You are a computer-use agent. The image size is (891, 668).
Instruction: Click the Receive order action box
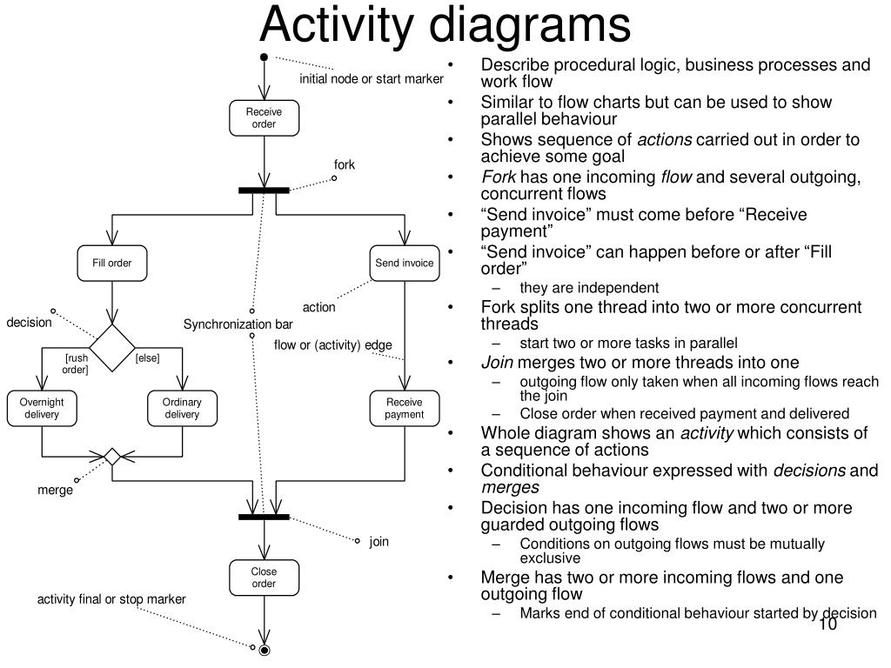click(265, 118)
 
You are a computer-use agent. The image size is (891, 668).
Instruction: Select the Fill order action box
click(112, 263)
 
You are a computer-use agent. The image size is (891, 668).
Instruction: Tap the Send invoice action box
click(405, 263)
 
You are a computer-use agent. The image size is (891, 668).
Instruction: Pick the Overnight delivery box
click(42, 408)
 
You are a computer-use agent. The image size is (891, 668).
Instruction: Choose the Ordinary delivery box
click(183, 408)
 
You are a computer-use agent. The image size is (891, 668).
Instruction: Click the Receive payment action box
click(405, 408)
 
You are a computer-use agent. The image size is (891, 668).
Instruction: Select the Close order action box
click(265, 578)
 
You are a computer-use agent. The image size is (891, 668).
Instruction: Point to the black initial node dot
click(264, 57)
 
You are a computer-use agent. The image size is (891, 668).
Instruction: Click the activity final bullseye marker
click(265, 650)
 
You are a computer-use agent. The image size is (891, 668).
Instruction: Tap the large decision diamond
click(112, 348)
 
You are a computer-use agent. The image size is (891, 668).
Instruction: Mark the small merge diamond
click(112, 456)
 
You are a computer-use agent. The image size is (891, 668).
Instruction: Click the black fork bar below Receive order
click(265, 190)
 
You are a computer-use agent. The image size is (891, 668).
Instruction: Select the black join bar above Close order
click(265, 517)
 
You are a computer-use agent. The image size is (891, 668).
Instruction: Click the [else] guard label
click(147, 357)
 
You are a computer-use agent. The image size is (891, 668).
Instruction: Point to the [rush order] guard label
click(76, 364)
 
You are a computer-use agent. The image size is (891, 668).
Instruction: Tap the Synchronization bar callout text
click(238, 324)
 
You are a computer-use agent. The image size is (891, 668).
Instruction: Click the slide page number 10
click(828, 625)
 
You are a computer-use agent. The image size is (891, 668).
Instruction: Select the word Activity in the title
click(337, 24)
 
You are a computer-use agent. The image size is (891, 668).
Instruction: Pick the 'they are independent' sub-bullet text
click(589, 288)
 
